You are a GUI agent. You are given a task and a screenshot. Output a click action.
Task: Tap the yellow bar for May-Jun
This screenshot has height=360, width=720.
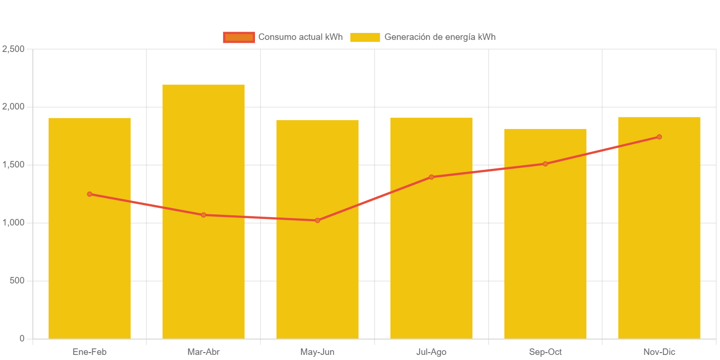coord(318,278)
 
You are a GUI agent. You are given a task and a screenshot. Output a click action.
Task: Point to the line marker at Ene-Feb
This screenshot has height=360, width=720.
coord(89,194)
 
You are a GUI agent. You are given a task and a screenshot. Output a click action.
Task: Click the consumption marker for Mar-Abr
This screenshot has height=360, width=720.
coord(204,215)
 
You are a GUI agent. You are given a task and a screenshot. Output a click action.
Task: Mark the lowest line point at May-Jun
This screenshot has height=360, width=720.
coord(318,220)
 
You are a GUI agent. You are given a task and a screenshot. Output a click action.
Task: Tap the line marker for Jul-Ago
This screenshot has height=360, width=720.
coord(431,177)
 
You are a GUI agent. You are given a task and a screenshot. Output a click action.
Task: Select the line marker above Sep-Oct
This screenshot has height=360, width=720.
coord(545,164)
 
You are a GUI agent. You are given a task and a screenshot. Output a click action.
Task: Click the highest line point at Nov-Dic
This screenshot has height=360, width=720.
coord(659,137)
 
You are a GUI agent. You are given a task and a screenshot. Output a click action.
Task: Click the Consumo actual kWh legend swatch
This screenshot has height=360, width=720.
coord(239,37)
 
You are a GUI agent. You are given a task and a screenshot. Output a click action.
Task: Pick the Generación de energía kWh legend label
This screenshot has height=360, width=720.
coord(440,37)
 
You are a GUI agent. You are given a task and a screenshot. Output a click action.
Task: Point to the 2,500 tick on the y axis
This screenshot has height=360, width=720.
coord(13,49)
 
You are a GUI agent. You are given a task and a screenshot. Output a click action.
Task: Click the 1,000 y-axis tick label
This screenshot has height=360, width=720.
coord(13,223)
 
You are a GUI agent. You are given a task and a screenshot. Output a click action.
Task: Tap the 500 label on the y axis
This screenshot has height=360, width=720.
coord(16,281)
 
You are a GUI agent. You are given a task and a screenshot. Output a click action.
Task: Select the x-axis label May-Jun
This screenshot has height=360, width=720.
coord(318,352)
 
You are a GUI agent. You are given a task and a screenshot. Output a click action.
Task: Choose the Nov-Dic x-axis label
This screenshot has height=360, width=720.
coord(659,352)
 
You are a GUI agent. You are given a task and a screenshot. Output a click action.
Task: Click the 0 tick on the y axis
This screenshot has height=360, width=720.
coord(22,339)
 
